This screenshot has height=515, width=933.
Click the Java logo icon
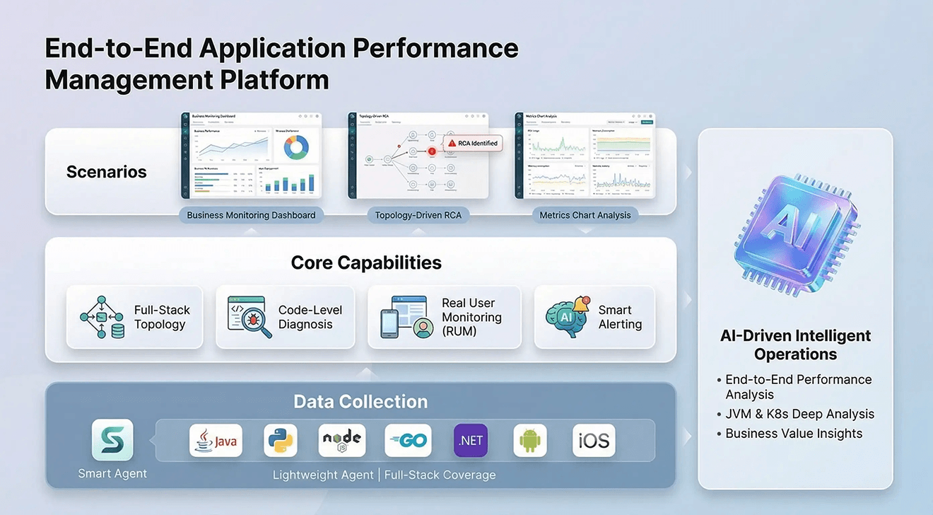point(216,441)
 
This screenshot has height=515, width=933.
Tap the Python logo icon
point(281,441)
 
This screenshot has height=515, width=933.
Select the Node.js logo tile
point(341,441)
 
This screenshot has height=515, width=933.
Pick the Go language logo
point(408,441)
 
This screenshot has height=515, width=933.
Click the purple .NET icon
point(471,441)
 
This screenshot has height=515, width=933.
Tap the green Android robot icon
point(530,441)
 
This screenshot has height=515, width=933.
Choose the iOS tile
point(594,441)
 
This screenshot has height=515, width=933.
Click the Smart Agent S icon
point(112,440)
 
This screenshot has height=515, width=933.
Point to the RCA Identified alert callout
point(472,143)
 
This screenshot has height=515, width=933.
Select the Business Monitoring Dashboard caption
point(251,215)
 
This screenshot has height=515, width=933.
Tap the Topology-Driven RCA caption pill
point(418,215)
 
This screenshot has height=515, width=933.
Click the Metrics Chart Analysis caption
point(585,215)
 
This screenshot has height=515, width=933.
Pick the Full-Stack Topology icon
point(102,318)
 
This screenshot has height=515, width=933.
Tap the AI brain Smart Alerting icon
point(568,318)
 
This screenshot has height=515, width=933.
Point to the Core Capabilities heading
point(366,262)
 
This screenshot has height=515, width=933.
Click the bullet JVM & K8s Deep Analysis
point(799,414)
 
